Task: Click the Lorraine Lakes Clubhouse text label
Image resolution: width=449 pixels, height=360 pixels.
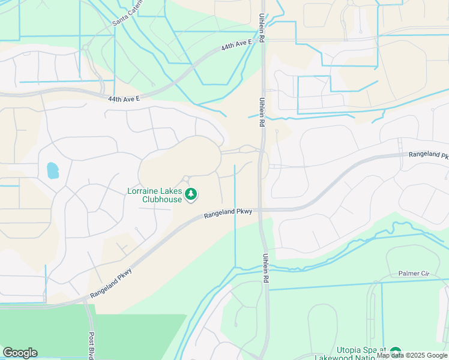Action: coord(154,195)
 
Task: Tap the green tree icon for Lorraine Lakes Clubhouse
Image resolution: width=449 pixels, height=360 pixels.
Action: coord(191,193)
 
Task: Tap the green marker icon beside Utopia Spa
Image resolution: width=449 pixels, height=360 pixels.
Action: coord(395,352)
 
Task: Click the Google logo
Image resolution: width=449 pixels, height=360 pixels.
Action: coord(20,353)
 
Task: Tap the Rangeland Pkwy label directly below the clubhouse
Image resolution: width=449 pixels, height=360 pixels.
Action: coord(228,212)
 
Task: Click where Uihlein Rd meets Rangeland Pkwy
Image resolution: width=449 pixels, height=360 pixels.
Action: coord(262,210)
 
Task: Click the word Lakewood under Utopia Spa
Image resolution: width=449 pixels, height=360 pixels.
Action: coord(338,358)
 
